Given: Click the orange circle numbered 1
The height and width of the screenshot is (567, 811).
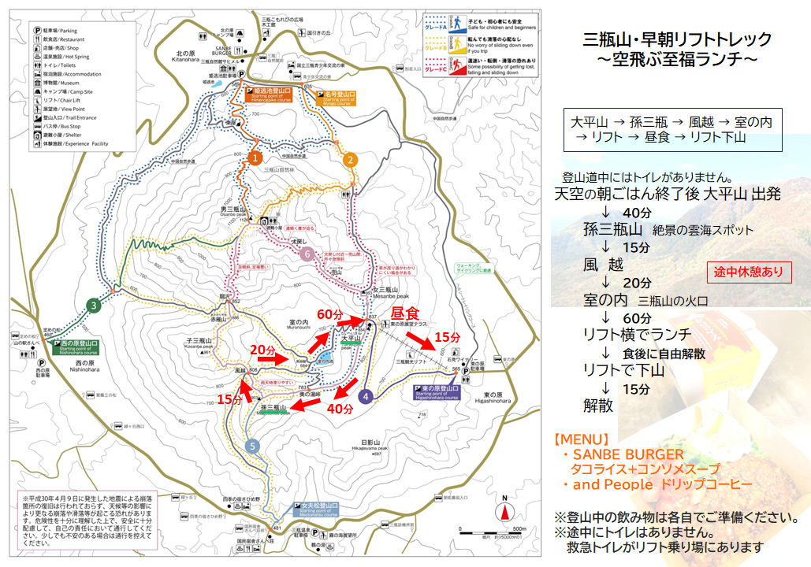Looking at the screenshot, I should click(254, 158).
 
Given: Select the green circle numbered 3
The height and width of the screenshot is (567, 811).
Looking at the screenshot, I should click(94, 306).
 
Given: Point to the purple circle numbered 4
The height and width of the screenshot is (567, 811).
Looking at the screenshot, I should click(366, 397).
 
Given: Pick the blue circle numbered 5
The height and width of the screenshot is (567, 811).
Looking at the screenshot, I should click(252, 447).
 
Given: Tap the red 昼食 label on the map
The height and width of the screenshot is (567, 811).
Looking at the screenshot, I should click(404, 313).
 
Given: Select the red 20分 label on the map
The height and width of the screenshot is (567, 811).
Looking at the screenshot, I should click(262, 349).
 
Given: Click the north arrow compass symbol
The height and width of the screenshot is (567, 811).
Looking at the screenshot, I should click(504, 509).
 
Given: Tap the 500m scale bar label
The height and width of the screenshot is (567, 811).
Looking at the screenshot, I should click(519, 528).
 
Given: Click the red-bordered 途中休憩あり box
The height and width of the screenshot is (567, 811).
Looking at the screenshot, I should click(749, 272).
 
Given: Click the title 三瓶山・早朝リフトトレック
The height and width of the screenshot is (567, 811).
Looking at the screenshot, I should click(677, 39).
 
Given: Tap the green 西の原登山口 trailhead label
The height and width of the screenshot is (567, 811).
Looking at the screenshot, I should click(75, 344).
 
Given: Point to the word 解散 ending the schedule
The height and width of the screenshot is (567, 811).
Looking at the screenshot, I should click(598, 406).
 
